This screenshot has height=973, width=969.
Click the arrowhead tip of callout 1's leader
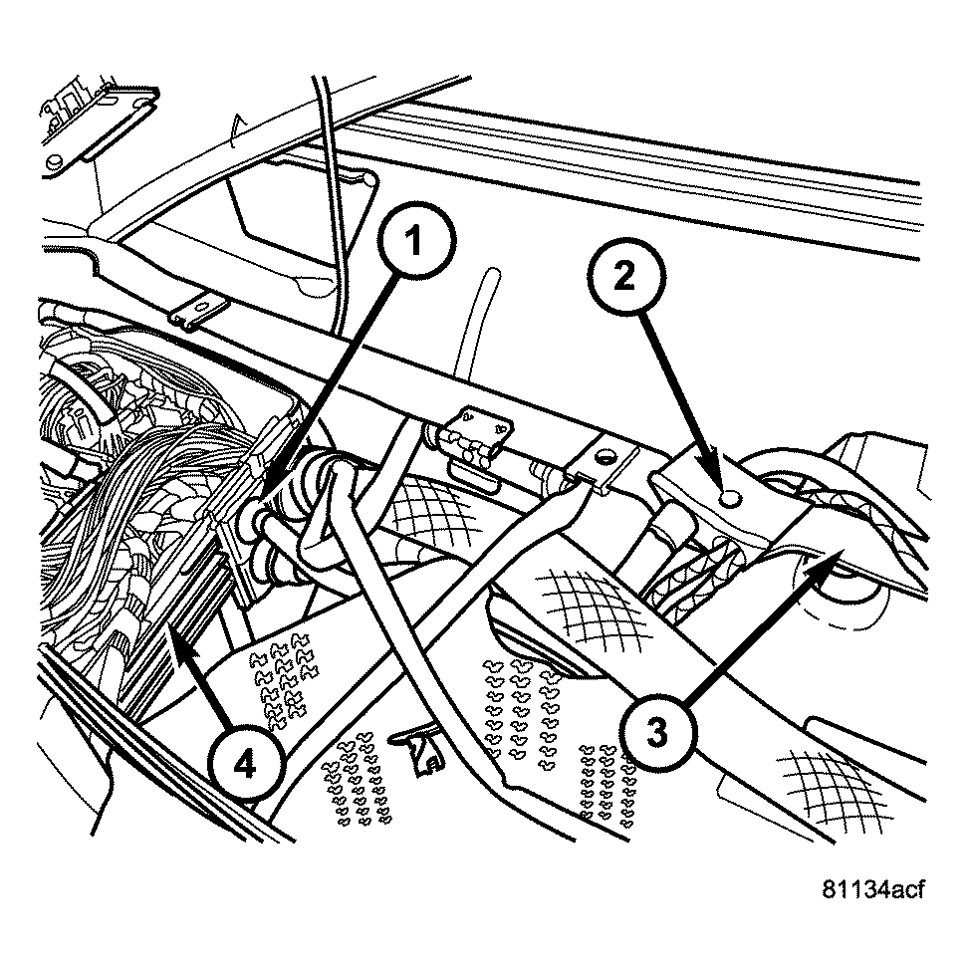coord(268,495)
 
